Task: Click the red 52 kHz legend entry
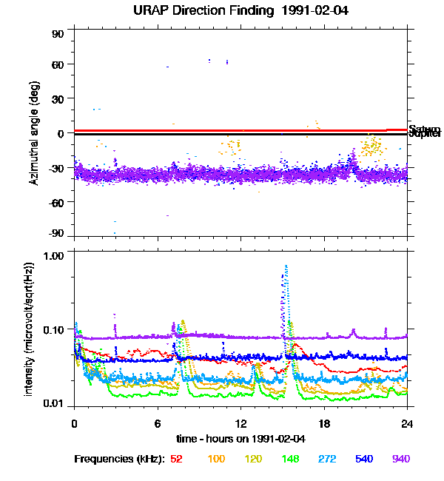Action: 176,459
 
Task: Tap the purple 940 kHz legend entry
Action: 400,459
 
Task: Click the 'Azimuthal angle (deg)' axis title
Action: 33,133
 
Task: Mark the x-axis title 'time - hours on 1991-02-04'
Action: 240,438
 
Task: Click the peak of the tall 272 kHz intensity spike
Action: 286,266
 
